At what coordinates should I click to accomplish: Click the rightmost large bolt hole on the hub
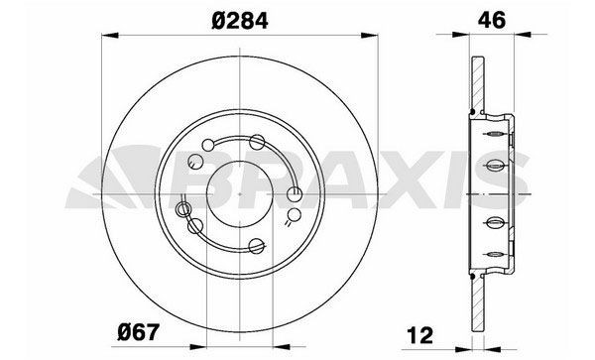point(295,194)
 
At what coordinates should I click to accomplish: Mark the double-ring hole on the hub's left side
point(182,209)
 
